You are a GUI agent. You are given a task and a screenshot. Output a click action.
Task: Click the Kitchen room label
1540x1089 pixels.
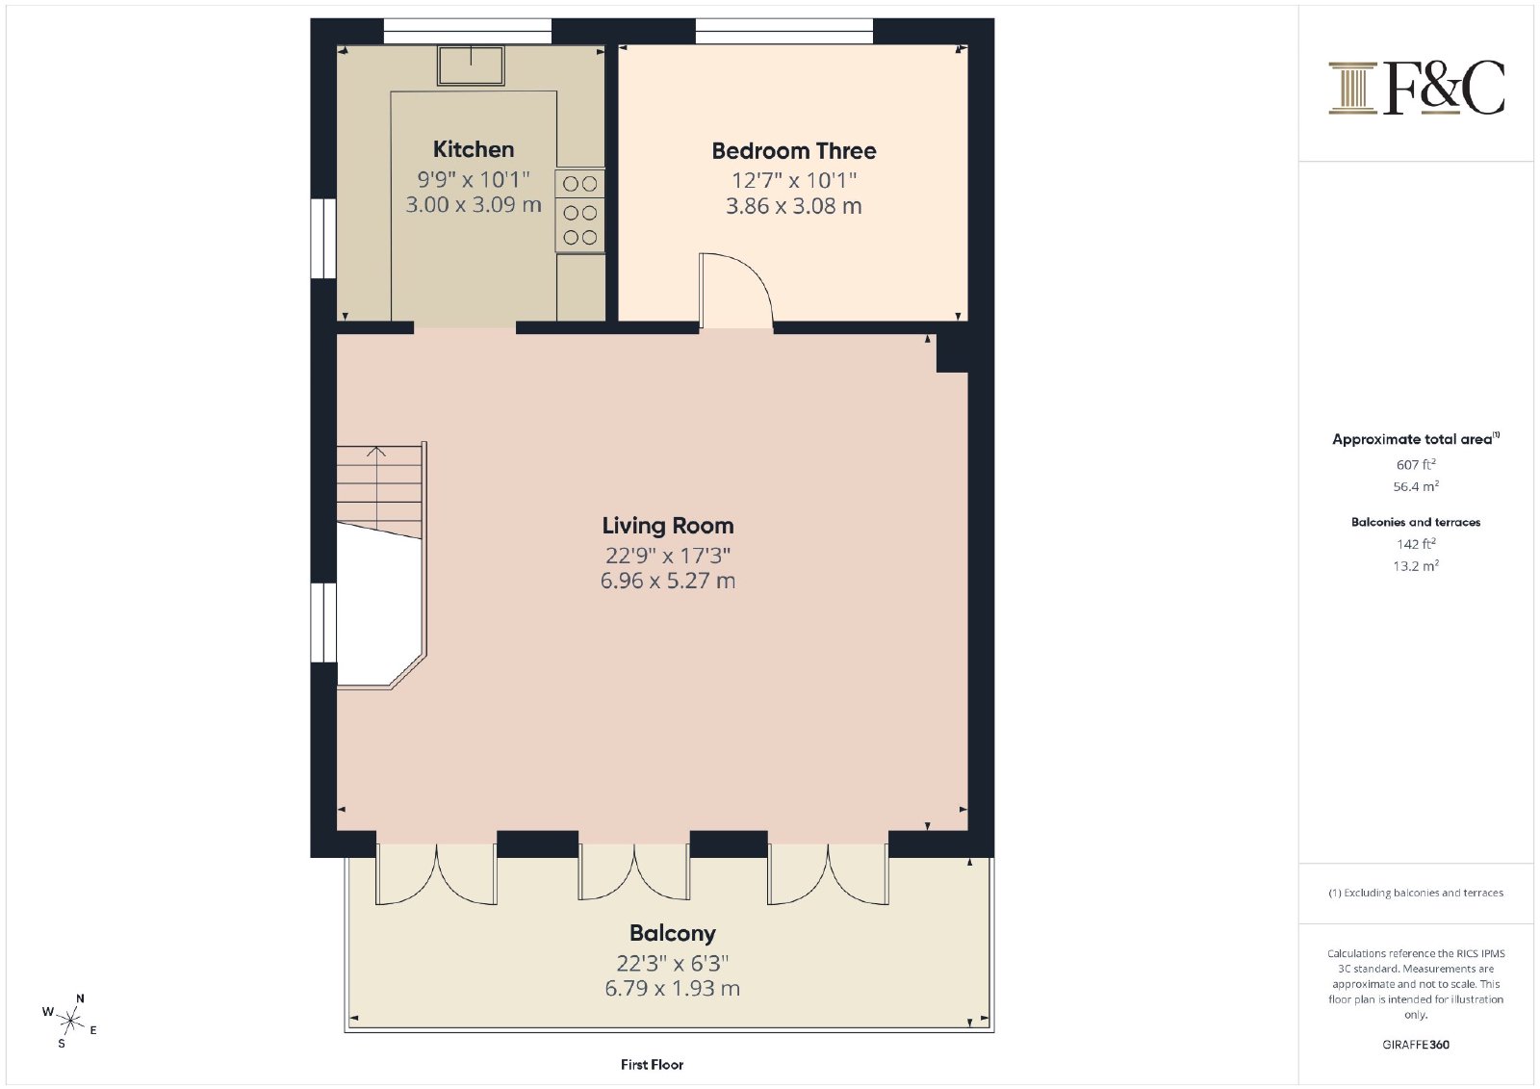(473, 149)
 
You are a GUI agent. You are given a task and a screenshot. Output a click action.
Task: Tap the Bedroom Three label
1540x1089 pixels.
(793, 150)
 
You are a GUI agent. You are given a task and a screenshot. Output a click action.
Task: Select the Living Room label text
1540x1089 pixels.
(668, 526)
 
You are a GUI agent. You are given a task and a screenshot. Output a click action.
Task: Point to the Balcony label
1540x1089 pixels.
(673, 933)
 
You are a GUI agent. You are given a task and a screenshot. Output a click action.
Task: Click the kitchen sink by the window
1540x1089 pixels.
(471, 65)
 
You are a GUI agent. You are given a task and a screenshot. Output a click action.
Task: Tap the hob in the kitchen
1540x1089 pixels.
(580, 211)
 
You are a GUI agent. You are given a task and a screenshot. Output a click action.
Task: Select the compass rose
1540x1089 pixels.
(70, 1021)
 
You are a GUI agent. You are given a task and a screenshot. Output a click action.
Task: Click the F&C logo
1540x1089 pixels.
(1416, 88)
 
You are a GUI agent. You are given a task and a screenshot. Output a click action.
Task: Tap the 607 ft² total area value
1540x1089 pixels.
(1416, 464)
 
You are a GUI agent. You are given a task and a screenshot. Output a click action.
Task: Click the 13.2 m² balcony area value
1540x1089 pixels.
(1416, 565)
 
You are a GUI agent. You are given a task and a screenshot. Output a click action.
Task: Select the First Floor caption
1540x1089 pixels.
(652, 1064)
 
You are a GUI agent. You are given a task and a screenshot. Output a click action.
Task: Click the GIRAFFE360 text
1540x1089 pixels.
(1416, 1045)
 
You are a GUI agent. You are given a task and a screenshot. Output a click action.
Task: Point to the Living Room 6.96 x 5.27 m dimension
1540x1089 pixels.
(668, 580)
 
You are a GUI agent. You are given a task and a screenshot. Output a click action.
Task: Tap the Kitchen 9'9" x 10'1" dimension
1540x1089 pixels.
(474, 179)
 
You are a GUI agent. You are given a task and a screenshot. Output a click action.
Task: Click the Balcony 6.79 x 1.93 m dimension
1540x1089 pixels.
(673, 988)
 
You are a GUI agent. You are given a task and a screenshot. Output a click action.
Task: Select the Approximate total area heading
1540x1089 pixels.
(1416, 438)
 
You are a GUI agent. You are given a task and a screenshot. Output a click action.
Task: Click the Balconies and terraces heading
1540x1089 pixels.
(1416, 522)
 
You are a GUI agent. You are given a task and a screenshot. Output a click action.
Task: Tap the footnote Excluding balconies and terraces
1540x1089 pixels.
(1416, 893)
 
